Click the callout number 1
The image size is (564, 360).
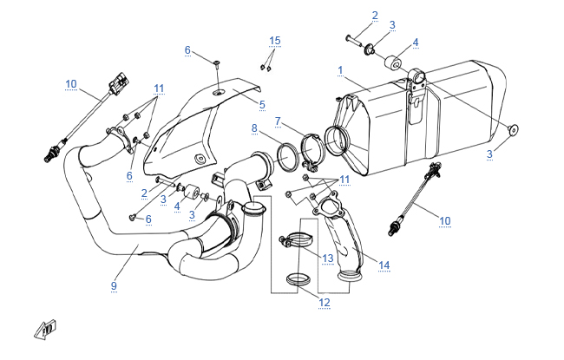(x=341, y=69)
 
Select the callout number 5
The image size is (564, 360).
(x=260, y=104)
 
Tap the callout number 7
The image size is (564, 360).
(x=277, y=120)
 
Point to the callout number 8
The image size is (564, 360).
(x=254, y=128)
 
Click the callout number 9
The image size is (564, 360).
(x=114, y=285)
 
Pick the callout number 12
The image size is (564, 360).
(x=325, y=302)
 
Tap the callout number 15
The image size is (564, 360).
(x=275, y=41)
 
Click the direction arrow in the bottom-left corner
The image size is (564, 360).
(x=44, y=330)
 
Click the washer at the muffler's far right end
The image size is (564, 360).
(x=513, y=130)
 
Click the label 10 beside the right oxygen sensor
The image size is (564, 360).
(x=444, y=221)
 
